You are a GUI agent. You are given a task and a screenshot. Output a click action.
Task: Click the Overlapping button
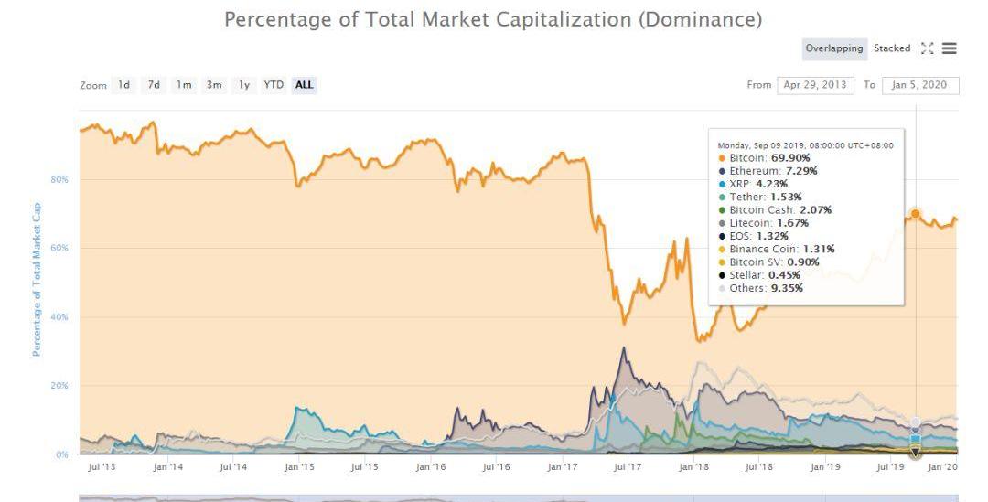coord(833,48)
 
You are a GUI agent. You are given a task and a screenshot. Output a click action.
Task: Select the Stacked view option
coord(892,48)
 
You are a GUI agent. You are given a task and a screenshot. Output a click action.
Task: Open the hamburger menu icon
coord(949,48)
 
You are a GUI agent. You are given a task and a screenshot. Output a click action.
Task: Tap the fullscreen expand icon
coord(927,48)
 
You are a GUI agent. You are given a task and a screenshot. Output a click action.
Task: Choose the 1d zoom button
coord(123,85)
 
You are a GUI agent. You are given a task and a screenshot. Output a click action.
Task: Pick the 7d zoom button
coord(154,85)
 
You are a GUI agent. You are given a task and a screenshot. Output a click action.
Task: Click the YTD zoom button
coord(274,85)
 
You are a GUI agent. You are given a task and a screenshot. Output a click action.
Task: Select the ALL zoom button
coord(304,85)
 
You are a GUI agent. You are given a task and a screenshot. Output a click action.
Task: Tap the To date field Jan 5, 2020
coord(920,85)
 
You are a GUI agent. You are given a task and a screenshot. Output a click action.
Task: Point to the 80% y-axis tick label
coord(59,179)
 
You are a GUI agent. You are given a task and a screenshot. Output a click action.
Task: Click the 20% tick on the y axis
coord(59,386)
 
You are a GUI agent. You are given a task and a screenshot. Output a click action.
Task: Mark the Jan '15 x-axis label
coord(299,467)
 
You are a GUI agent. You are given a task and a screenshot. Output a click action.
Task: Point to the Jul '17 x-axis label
coord(627,467)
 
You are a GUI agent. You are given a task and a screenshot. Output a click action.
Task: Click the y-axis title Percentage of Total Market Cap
coord(38,279)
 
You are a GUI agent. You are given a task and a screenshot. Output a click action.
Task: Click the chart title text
coord(493,19)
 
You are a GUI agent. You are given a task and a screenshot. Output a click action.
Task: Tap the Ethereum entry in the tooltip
coord(768,171)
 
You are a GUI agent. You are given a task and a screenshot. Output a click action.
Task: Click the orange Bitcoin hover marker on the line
coord(915,214)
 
